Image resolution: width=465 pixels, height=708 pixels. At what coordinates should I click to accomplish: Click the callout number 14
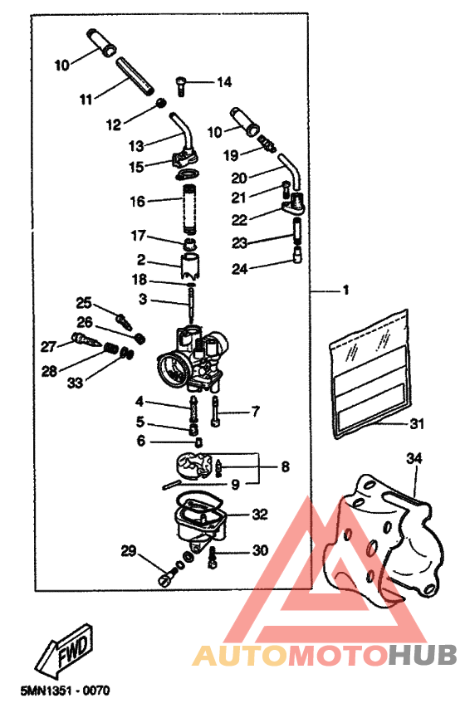click(x=224, y=81)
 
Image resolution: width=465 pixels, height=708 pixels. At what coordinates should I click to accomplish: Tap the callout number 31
click(x=416, y=423)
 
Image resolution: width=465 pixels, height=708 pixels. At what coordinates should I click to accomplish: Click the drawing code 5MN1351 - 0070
click(x=56, y=691)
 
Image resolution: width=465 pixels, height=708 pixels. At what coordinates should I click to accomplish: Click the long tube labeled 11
click(x=135, y=73)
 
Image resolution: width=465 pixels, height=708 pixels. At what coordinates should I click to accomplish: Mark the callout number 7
click(x=256, y=411)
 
